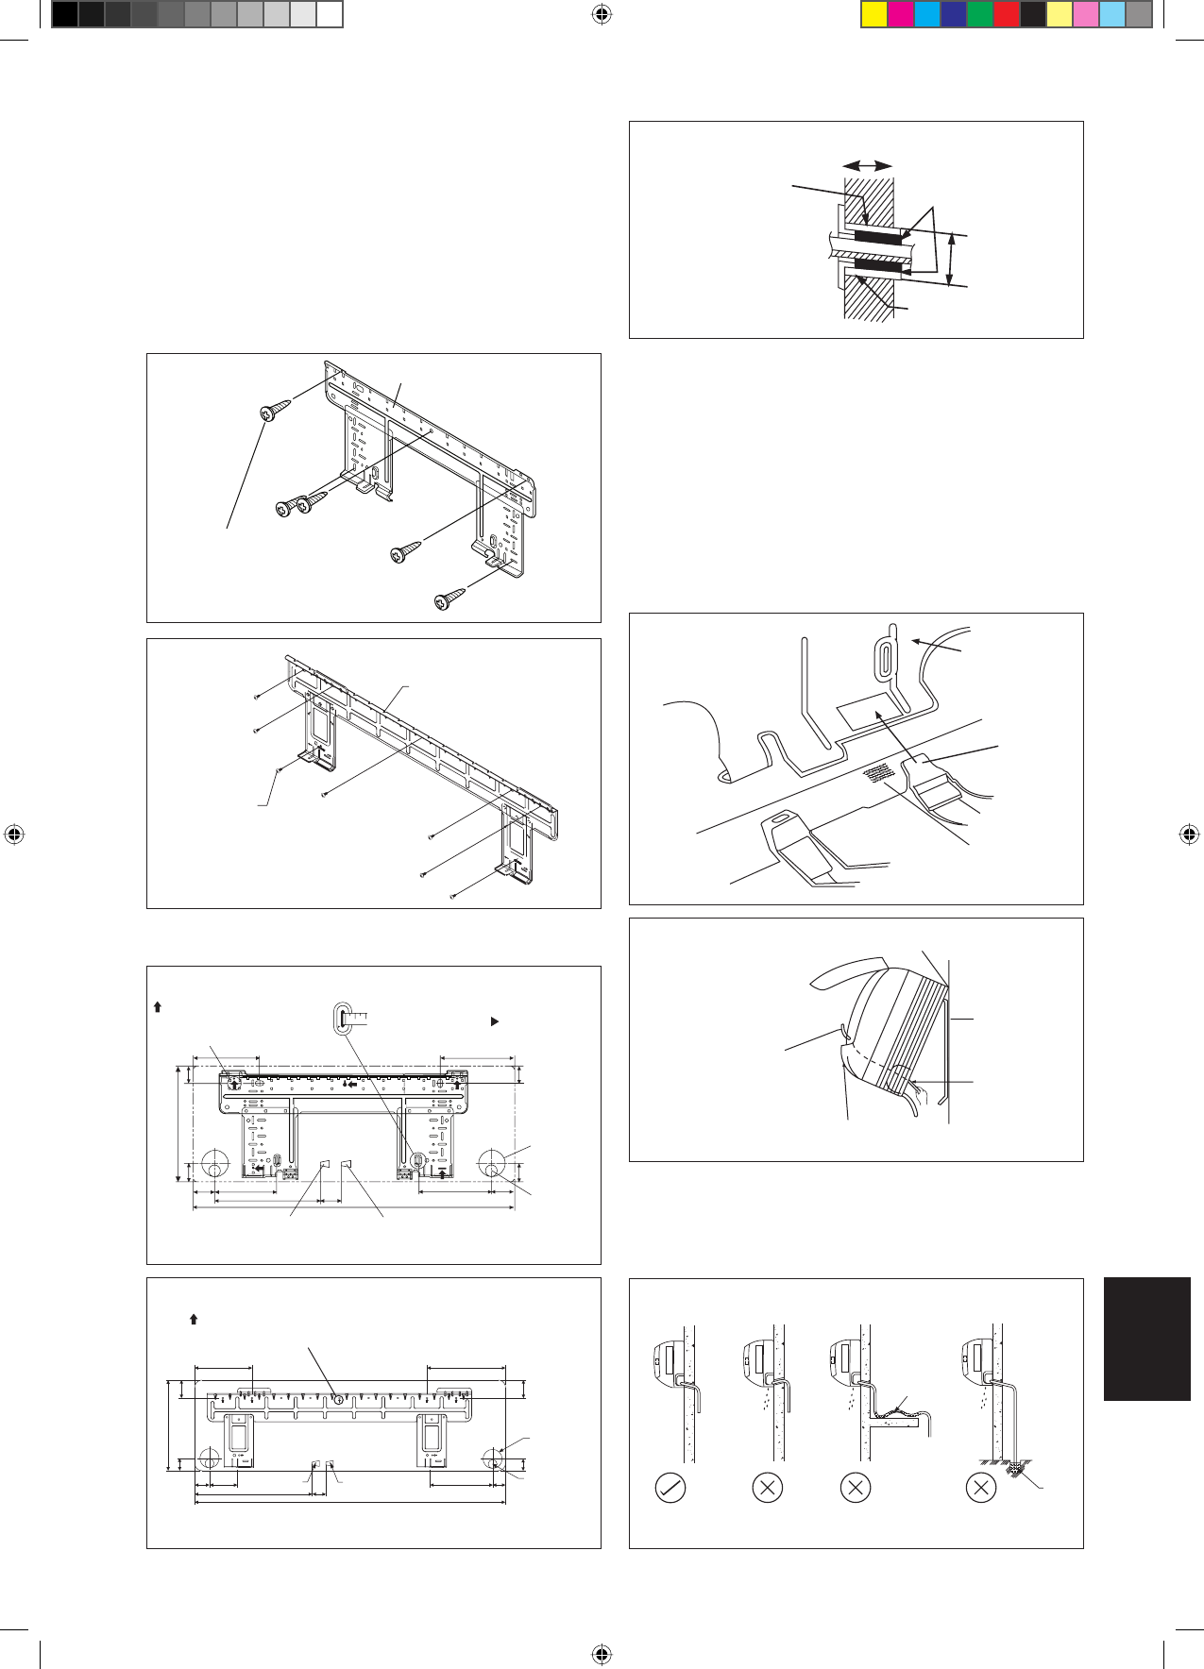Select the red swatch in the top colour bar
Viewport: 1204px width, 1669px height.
click(x=1007, y=15)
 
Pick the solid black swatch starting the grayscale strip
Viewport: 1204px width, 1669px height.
click(x=64, y=14)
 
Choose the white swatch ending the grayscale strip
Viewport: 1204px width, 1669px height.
click(x=329, y=14)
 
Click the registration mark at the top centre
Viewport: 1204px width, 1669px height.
click(x=602, y=14)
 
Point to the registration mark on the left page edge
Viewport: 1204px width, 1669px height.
click(x=13, y=834)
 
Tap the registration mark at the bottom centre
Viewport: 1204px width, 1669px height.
click(x=602, y=1654)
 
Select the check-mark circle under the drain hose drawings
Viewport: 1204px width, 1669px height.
click(x=670, y=1488)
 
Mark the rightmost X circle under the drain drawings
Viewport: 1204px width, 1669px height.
click(x=982, y=1488)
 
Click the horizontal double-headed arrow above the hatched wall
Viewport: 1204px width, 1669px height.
click(x=868, y=165)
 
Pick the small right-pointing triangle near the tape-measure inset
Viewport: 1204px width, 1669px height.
click(x=494, y=1021)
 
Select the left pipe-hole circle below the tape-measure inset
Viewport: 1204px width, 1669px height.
click(x=214, y=1164)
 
